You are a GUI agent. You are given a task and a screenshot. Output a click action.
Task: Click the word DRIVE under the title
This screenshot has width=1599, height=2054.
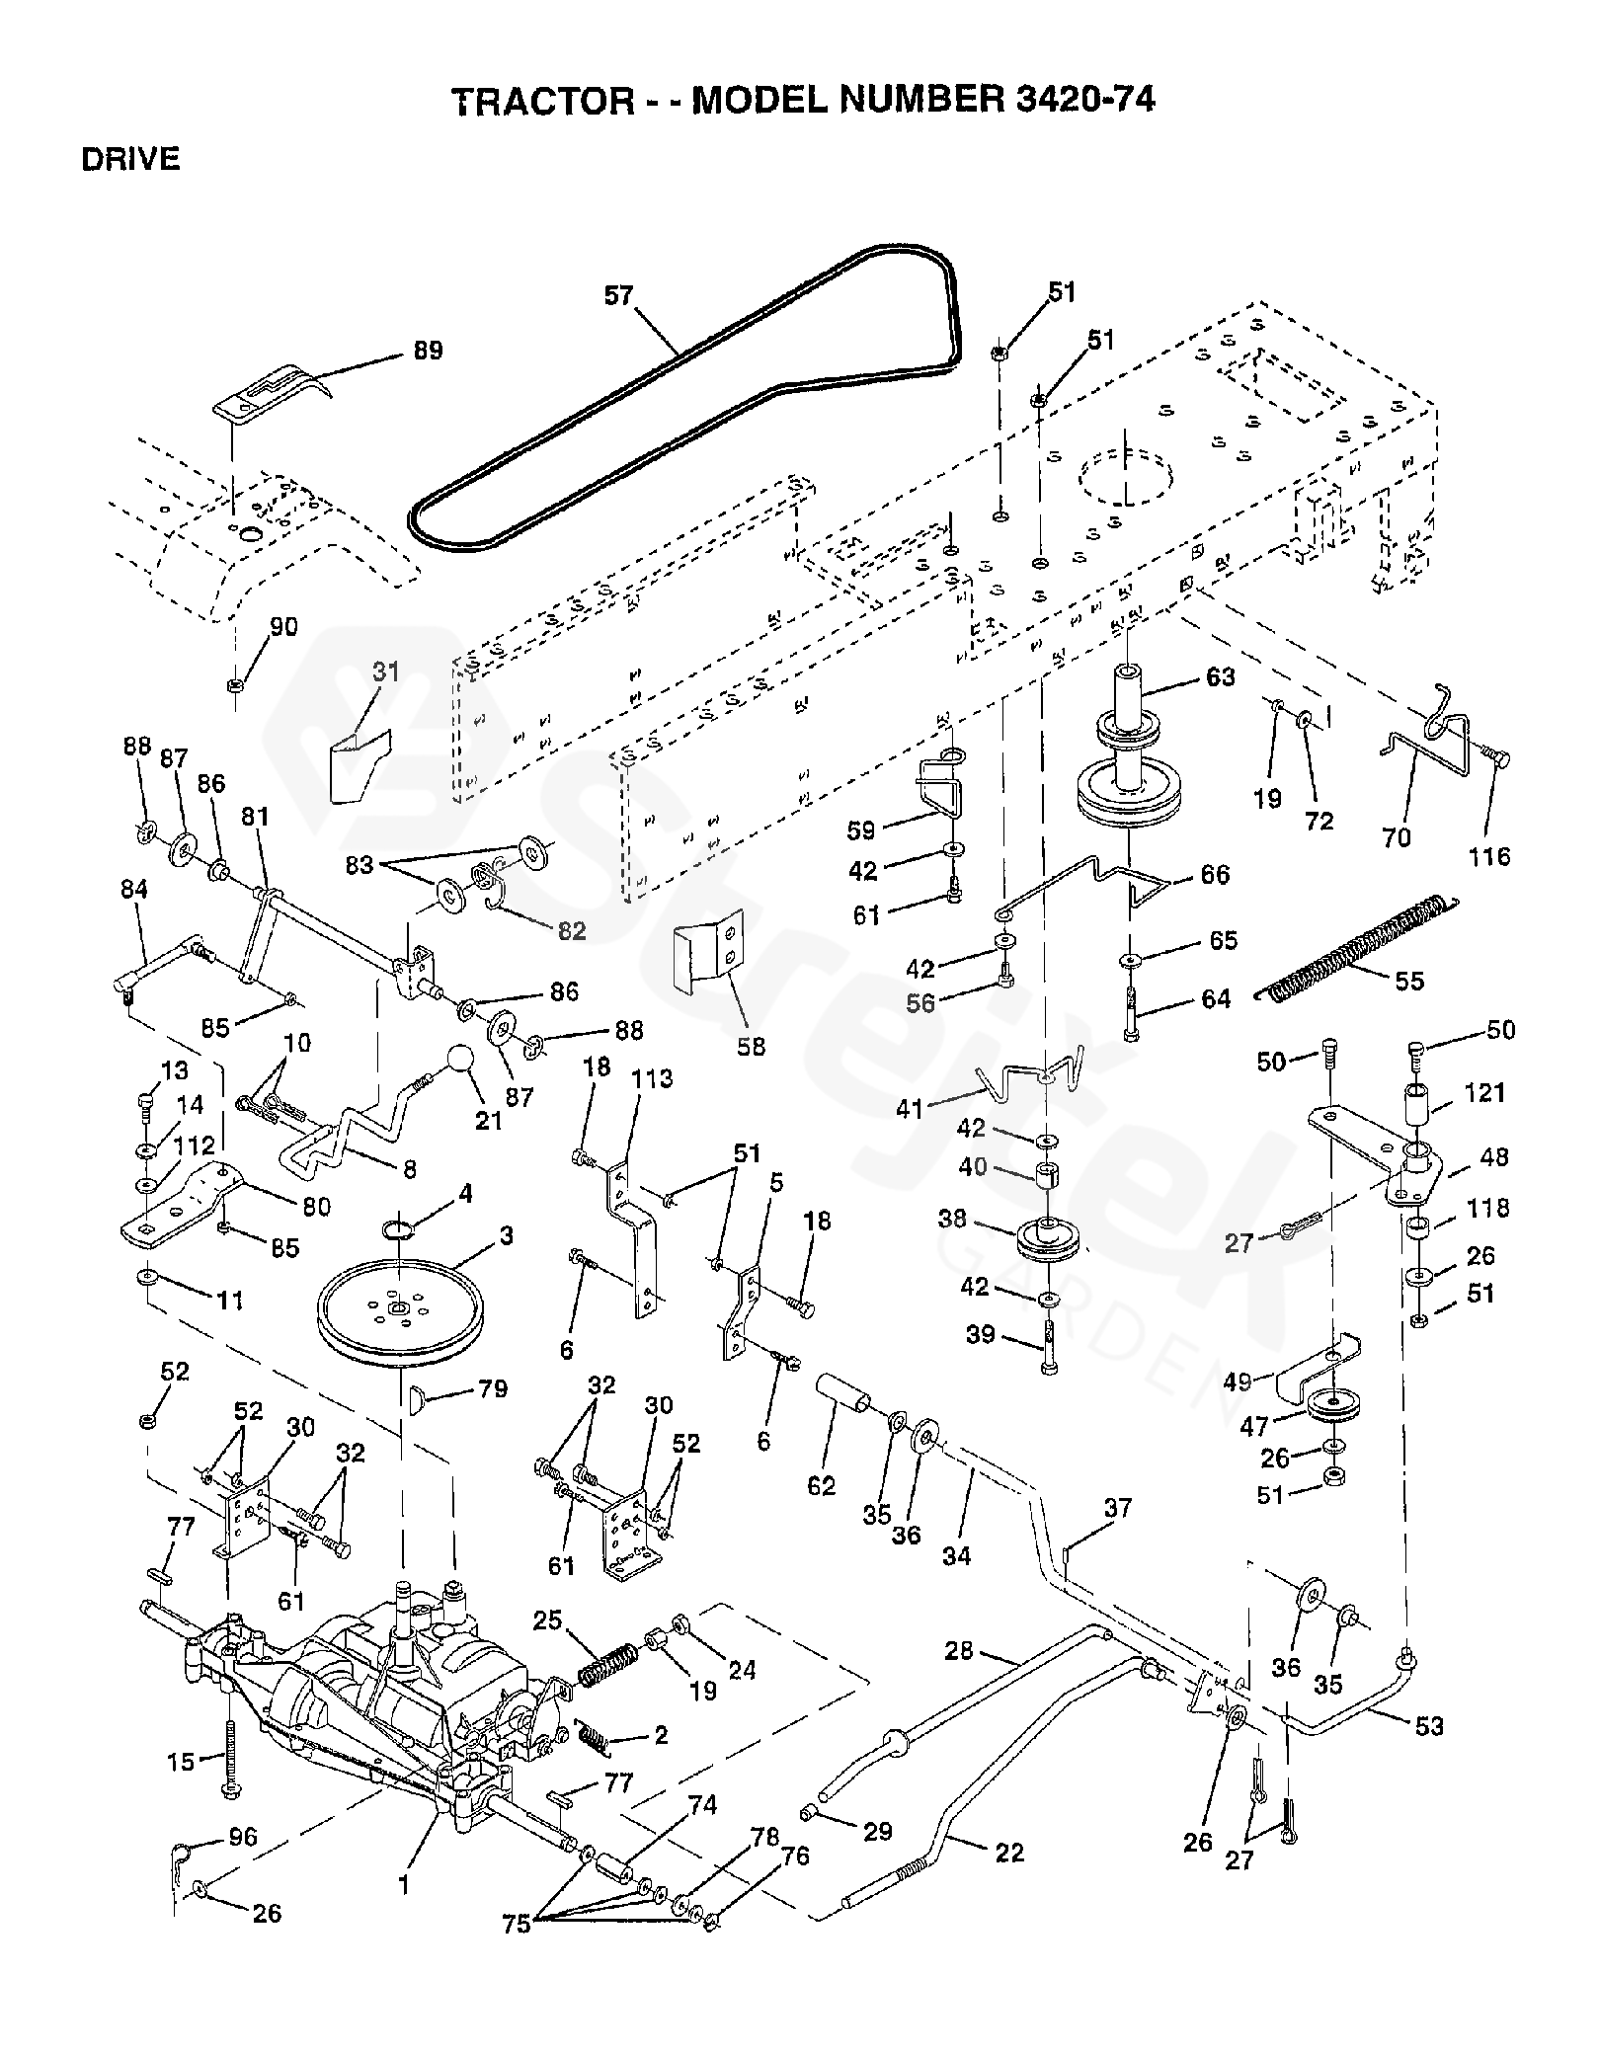point(130,160)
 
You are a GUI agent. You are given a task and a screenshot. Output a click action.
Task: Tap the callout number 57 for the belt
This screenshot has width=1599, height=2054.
point(618,295)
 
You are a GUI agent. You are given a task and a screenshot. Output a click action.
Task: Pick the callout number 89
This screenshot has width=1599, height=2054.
point(427,351)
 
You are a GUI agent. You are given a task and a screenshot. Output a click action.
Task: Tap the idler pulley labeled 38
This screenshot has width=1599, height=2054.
point(1044,1241)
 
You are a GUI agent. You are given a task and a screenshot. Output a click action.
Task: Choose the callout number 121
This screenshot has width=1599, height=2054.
point(1484,1092)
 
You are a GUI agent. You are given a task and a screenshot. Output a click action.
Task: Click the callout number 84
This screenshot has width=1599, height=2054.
point(133,890)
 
